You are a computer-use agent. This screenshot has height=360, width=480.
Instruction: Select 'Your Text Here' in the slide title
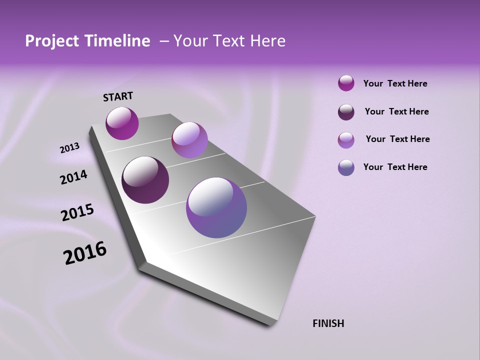tap(229, 41)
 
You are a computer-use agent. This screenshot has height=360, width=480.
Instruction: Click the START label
tap(118, 96)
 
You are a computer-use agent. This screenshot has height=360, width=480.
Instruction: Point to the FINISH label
tap(328, 323)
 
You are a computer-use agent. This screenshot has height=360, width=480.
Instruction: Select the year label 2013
tap(69, 148)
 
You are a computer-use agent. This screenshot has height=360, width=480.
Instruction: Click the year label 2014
tap(73, 177)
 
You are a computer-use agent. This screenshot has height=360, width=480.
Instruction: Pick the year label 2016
tap(85, 253)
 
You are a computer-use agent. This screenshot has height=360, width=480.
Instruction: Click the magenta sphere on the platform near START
tap(122, 123)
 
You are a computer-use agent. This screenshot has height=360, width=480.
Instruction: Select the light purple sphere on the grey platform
tap(189, 140)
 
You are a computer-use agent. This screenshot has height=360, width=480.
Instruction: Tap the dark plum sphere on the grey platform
tap(145, 180)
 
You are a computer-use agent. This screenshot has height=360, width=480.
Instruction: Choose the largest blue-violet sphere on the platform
tap(216, 207)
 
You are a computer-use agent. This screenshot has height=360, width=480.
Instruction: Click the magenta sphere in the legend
tap(346, 83)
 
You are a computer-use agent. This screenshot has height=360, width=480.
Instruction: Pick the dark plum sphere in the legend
tap(346, 112)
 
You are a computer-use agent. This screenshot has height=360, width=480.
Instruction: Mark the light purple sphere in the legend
tap(346, 140)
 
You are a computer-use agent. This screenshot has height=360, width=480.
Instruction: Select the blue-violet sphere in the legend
tap(346, 167)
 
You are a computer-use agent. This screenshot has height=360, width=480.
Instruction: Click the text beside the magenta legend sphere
tap(395, 84)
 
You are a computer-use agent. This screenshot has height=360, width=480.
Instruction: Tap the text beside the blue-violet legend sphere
tap(395, 167)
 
